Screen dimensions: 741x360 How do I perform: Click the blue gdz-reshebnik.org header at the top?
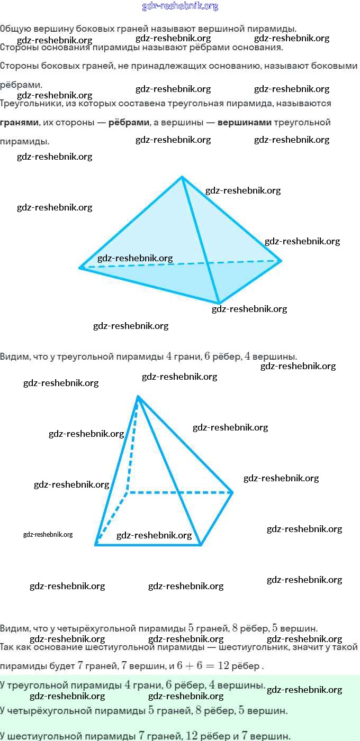(180, 6)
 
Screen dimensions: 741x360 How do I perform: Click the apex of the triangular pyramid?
(182, 177)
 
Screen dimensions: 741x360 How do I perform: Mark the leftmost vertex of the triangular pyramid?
(80, 268)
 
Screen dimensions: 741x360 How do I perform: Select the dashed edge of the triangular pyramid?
(180, 264)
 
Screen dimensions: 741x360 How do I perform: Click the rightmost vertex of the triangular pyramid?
(281, 260)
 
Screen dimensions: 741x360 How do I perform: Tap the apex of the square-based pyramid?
(138, 396)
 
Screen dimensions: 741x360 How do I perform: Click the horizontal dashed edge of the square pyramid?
(180, 492)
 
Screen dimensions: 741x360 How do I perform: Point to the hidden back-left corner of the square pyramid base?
(127, 492)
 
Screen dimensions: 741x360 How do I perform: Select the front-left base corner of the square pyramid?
(96, 544)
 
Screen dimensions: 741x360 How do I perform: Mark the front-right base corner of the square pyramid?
(201, 544)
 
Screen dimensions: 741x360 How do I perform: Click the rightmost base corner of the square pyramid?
(232, 492)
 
